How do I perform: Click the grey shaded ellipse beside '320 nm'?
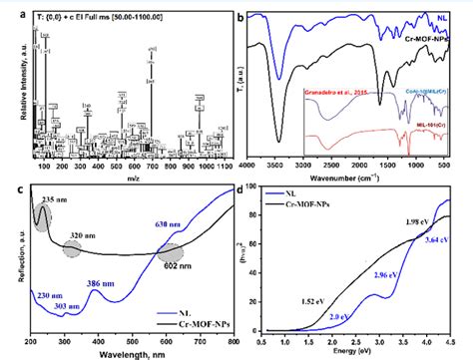(73, 250)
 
